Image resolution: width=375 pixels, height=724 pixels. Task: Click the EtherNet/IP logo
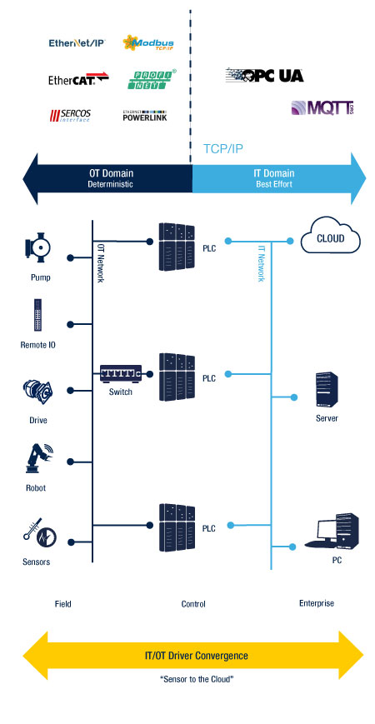[x=77, y=43]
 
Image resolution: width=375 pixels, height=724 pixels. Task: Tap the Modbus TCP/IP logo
[x=148, y=43]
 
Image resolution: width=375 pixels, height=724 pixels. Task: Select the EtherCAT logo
[x=78, y=79]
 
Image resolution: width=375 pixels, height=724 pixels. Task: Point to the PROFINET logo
[x=152, y=79]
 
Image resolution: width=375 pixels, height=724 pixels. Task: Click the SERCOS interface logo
[x=70, y=116]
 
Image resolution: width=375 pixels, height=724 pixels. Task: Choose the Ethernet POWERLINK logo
[x=144, y=116]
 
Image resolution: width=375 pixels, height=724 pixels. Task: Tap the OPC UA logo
[x=265, y=75]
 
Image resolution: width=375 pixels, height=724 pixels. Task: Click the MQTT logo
[x=322, y=107]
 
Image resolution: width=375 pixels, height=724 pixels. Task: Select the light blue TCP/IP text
[x=223, y=148]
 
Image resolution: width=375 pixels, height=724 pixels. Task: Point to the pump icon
[x=37, y=248]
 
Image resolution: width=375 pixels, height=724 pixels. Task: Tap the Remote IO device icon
[x=37, y=315]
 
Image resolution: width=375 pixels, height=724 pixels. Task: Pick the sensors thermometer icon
[x=40, y=532]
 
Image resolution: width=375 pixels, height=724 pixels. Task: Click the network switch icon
[x=121, y=372]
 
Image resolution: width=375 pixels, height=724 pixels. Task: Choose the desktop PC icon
[x=331, y=530]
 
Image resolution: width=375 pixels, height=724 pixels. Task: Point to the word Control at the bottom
[x=193, y=604]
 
